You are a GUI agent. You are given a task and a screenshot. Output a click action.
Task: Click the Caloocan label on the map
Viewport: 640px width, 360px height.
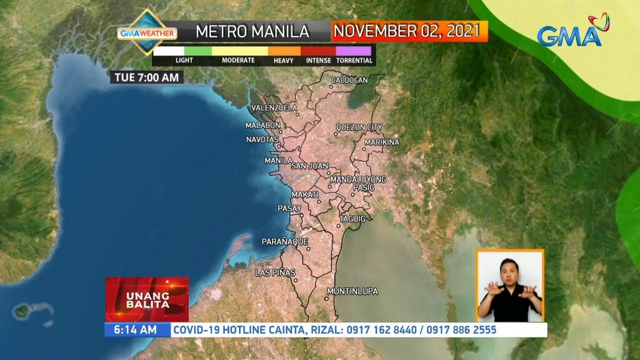[x=349, y=80]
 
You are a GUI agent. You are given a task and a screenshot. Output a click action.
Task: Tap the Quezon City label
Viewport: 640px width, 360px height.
[x=359, y=127]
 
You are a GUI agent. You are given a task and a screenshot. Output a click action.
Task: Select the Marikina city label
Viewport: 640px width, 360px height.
[x=382, y=142]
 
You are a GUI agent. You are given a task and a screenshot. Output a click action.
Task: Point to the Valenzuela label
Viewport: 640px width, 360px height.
[x=274, y=108]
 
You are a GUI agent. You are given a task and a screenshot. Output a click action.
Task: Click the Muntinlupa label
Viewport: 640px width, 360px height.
[x=352, y=291]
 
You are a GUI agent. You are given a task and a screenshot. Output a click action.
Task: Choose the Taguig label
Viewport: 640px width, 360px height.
[x=352, y=219]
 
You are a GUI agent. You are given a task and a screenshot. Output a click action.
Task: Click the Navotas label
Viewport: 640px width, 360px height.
[x=262, y=139]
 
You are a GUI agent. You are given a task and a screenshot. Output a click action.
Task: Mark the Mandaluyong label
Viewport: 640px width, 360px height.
[x=358, y=179]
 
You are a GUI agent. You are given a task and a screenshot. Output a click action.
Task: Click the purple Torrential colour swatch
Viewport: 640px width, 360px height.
[x=353, y=51]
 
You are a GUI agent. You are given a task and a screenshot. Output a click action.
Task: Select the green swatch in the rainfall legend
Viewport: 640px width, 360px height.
[x=198, y=51]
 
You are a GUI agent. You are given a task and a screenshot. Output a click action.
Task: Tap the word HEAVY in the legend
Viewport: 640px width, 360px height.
[x=283, y=60]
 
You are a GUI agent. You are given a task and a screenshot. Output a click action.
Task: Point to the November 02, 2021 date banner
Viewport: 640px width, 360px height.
[x=409, y=31]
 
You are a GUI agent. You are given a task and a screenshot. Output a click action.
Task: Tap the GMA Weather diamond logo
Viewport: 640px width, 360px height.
[x=147, y=32]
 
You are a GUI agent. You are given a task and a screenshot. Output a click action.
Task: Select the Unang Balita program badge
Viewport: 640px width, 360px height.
[x=147, y=299]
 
